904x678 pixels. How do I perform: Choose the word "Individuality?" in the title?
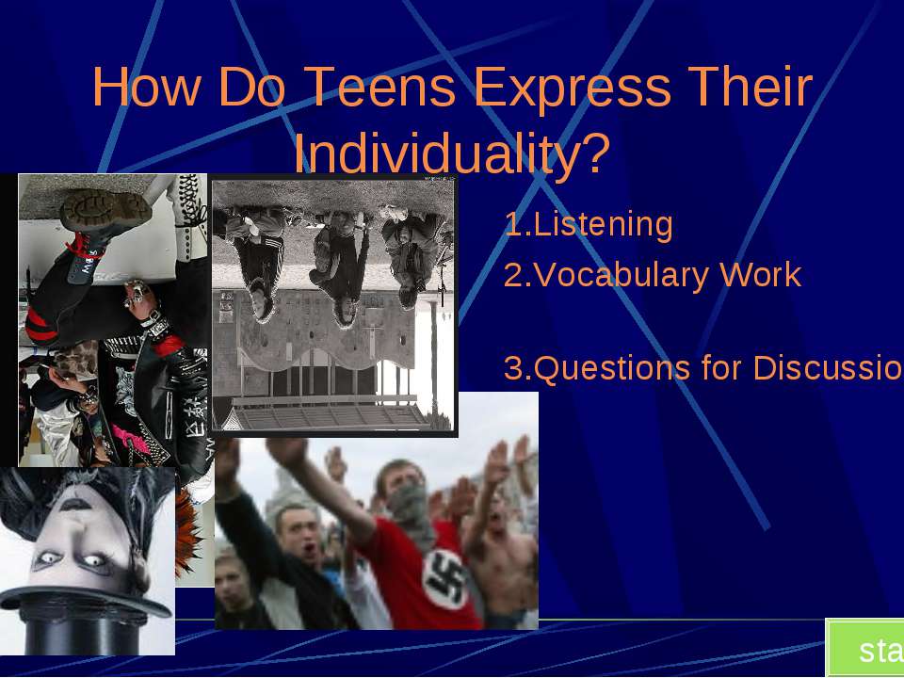click(452, 153)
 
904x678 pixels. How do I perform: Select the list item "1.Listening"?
click(589, 225)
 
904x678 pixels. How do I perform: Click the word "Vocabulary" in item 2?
click(621, 276)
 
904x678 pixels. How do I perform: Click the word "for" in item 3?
click(722, 369)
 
